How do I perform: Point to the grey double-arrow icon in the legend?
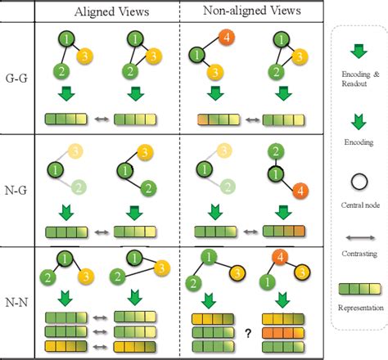coord(358,232)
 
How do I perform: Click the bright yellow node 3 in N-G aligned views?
coord(142,152)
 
